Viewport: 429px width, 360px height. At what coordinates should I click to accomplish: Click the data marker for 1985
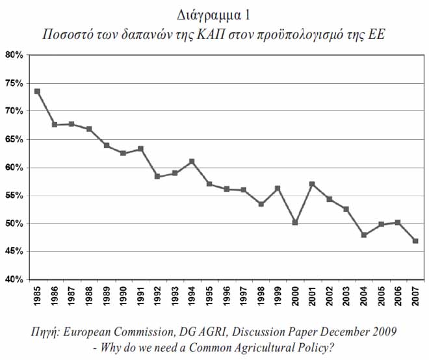click(x=37, y=92)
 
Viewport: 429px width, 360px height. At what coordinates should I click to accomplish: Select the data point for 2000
click(x=295, y=222)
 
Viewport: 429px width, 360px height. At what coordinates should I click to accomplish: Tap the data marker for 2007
click(x=415, y=241)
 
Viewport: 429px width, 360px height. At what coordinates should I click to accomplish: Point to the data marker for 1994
click(x=192, y=162)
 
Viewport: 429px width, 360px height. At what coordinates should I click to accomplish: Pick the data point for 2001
click(x=312, y=184)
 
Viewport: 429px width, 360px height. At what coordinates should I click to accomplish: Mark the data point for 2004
click(x=364, y=235)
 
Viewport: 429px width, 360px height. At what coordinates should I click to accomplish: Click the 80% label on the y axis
click(x=14, y=55)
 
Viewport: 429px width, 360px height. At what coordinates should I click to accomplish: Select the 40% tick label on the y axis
click(x=14, y=279)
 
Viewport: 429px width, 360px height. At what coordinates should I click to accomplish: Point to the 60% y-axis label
click(x=14, y=168)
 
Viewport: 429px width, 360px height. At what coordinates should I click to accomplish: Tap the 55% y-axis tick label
click(x=14, y=196)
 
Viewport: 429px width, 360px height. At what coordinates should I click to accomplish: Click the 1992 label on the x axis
click(x=157, y=296)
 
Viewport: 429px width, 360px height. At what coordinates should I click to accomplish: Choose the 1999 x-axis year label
click(x=278, y=296)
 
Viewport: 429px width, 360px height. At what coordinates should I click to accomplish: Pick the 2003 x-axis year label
click(x=346, y=296)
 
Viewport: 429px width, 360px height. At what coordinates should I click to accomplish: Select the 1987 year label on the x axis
click(x=71, y=296)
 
